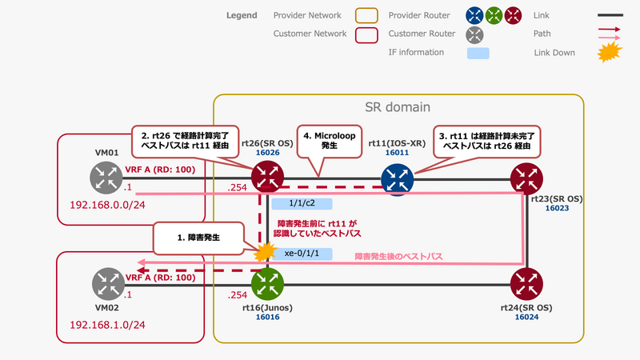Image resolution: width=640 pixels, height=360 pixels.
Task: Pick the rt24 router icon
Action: [x=526, y=282]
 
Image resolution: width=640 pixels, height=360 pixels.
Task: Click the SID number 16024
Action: [x=526, y=317]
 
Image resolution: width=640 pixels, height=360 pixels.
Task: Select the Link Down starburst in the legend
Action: [x=610, y=53]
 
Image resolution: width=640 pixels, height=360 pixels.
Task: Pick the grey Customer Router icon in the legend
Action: [x=475, y=34]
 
